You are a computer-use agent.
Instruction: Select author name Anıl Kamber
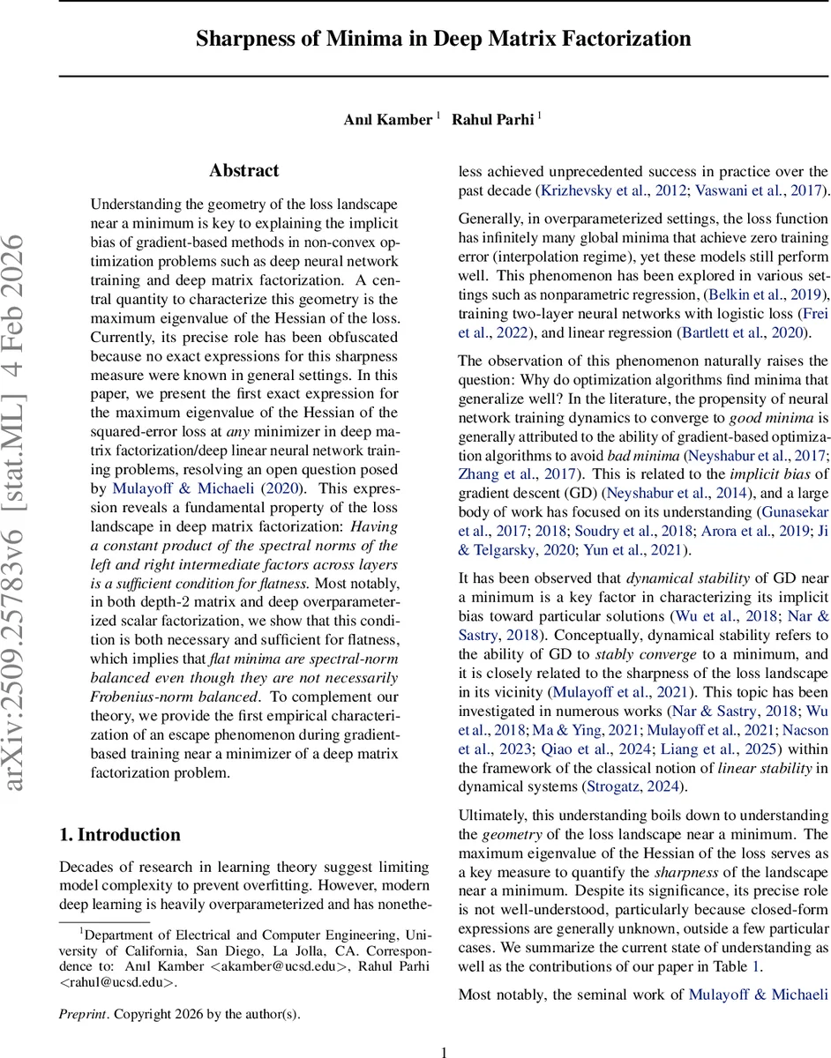point(387,120)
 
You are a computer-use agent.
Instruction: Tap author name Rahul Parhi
point(492,120)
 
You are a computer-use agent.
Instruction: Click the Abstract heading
point(243,171)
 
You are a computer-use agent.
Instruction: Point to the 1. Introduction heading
point(119,835)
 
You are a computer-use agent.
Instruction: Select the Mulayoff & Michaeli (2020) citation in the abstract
point(207,488)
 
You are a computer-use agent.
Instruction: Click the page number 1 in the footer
point(445,1051)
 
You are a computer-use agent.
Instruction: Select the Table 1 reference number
point(754,966)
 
